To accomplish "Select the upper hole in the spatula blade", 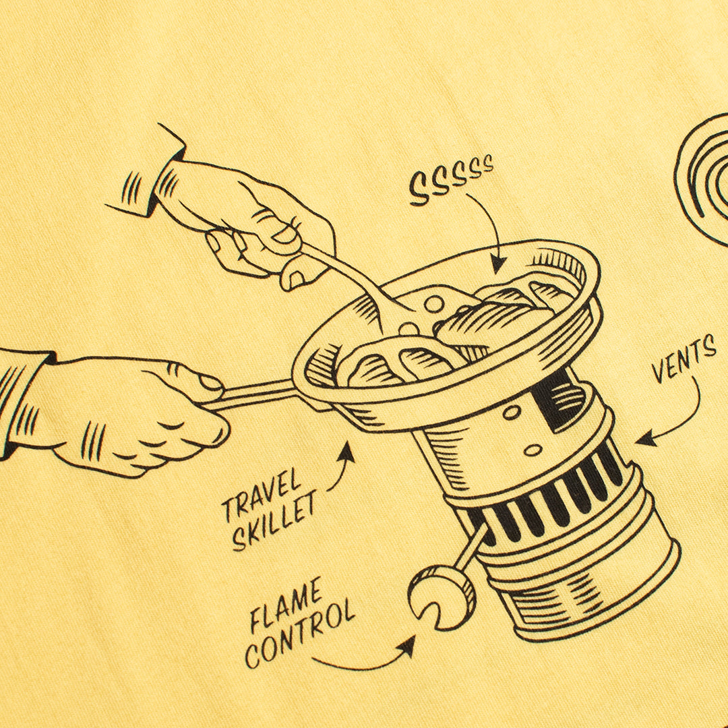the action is [435, 304].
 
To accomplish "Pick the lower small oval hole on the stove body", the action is [533, 450].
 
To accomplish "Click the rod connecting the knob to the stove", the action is [469, 548].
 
